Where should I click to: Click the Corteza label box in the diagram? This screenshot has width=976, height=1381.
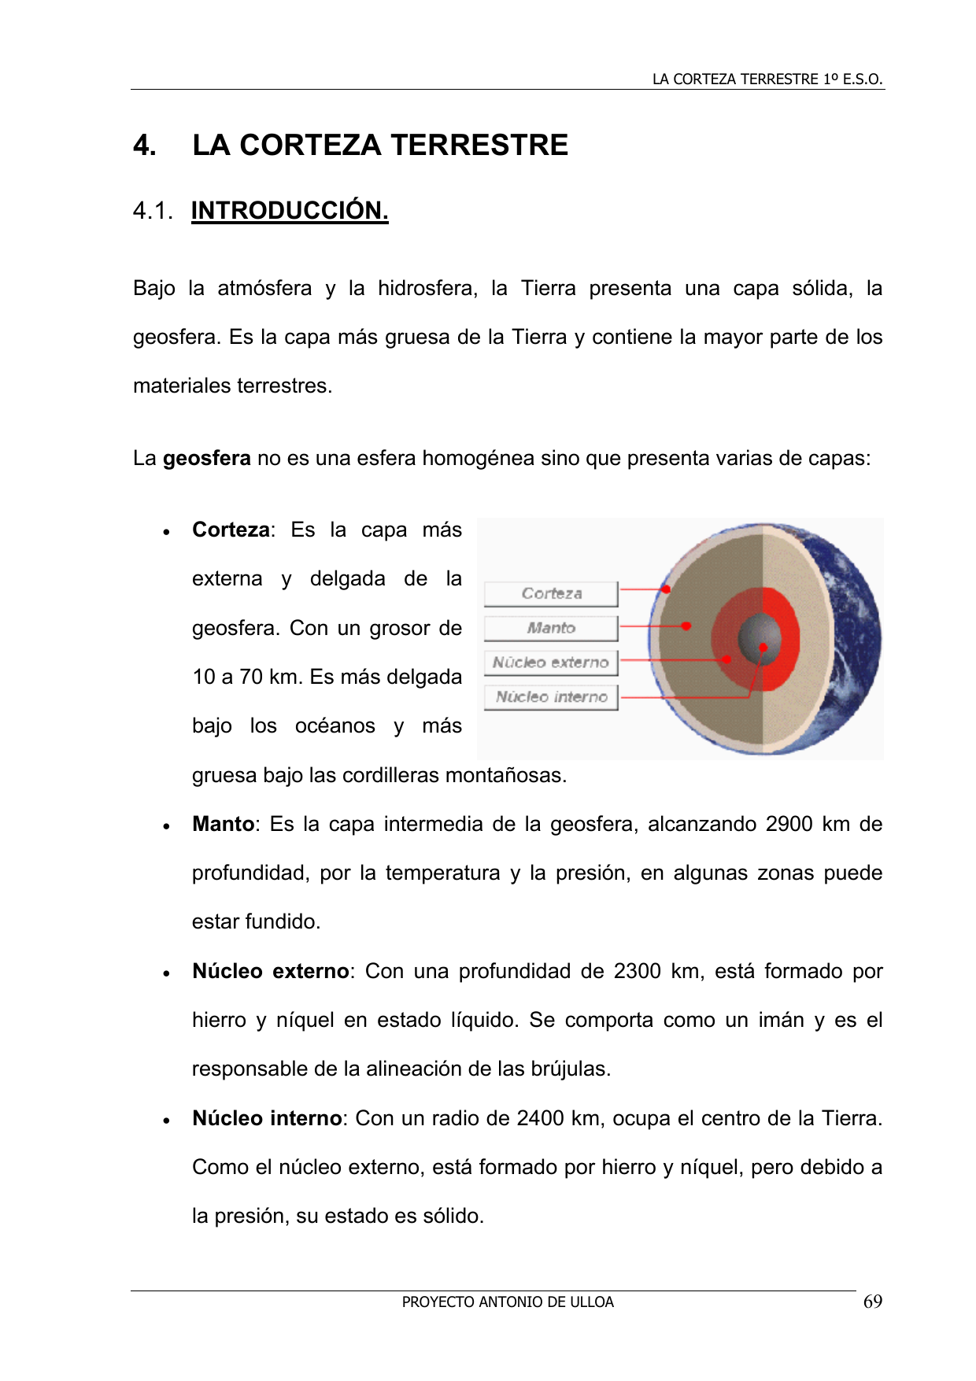551,593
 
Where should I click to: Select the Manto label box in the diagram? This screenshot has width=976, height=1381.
551,628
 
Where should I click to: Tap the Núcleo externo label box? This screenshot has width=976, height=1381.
551,663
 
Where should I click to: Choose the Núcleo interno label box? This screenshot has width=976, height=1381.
551,697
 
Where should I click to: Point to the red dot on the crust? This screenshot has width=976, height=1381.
666,589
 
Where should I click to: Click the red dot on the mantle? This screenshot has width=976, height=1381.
686,626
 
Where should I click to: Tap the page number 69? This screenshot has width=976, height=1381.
872,1302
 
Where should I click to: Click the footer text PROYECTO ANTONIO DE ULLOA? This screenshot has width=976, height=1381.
508,1302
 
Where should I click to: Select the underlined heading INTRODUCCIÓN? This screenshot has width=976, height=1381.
290,211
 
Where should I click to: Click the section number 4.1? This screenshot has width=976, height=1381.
153,211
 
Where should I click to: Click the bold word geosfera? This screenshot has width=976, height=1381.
207,458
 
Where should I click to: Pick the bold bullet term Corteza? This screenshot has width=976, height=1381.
231,530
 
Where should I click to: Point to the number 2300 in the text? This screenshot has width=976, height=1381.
637,971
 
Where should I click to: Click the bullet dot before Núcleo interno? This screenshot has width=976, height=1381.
166,1121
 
